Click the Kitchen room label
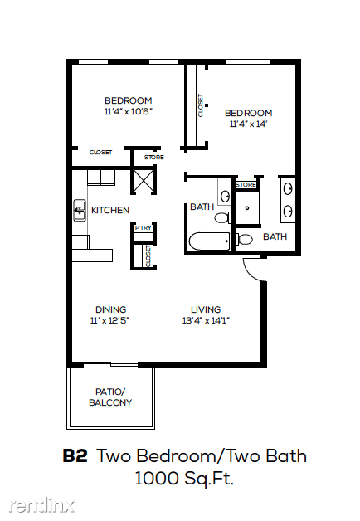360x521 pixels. pyautogui.click(x=110, y=210)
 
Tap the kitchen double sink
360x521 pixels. pyautogui.click(x=80, y=211)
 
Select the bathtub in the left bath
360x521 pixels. pyautogui.click(x=209, y=241)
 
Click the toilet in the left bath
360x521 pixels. pyautogui.click(x=223, y=218)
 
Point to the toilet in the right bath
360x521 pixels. pyautogui.click(x=244, y=239)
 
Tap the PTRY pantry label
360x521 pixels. pyautogui.click(x=144, y=228)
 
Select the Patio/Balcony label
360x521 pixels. pyautogui.click(x=110, y=397)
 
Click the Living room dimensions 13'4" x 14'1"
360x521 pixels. pyautogui.click(x=206, y=320)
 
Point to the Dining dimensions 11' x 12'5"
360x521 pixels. pyautogui.click(x=110, y=320)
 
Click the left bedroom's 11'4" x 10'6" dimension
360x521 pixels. pyautogui.click(x=129, y=111)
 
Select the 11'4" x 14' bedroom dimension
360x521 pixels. pyautogui.click(x=248, y=124)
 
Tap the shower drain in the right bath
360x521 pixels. pyautogui.click(x=247, y=208)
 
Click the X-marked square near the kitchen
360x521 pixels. pyautogui.click(x=144, y=181)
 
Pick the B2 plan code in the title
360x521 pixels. pyautogui.click(x=75, y=456)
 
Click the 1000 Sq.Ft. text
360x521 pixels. pyautogui.click(x=184, y=479)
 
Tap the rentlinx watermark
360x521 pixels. pyautogui.click(x=41, y=505)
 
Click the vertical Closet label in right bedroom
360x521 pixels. pyautogui.click(x=200, y=105)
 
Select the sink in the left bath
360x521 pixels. pyautogui.click(x=226, y=196)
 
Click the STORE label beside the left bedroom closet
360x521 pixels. pyautogui.click(x=154, y=157)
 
